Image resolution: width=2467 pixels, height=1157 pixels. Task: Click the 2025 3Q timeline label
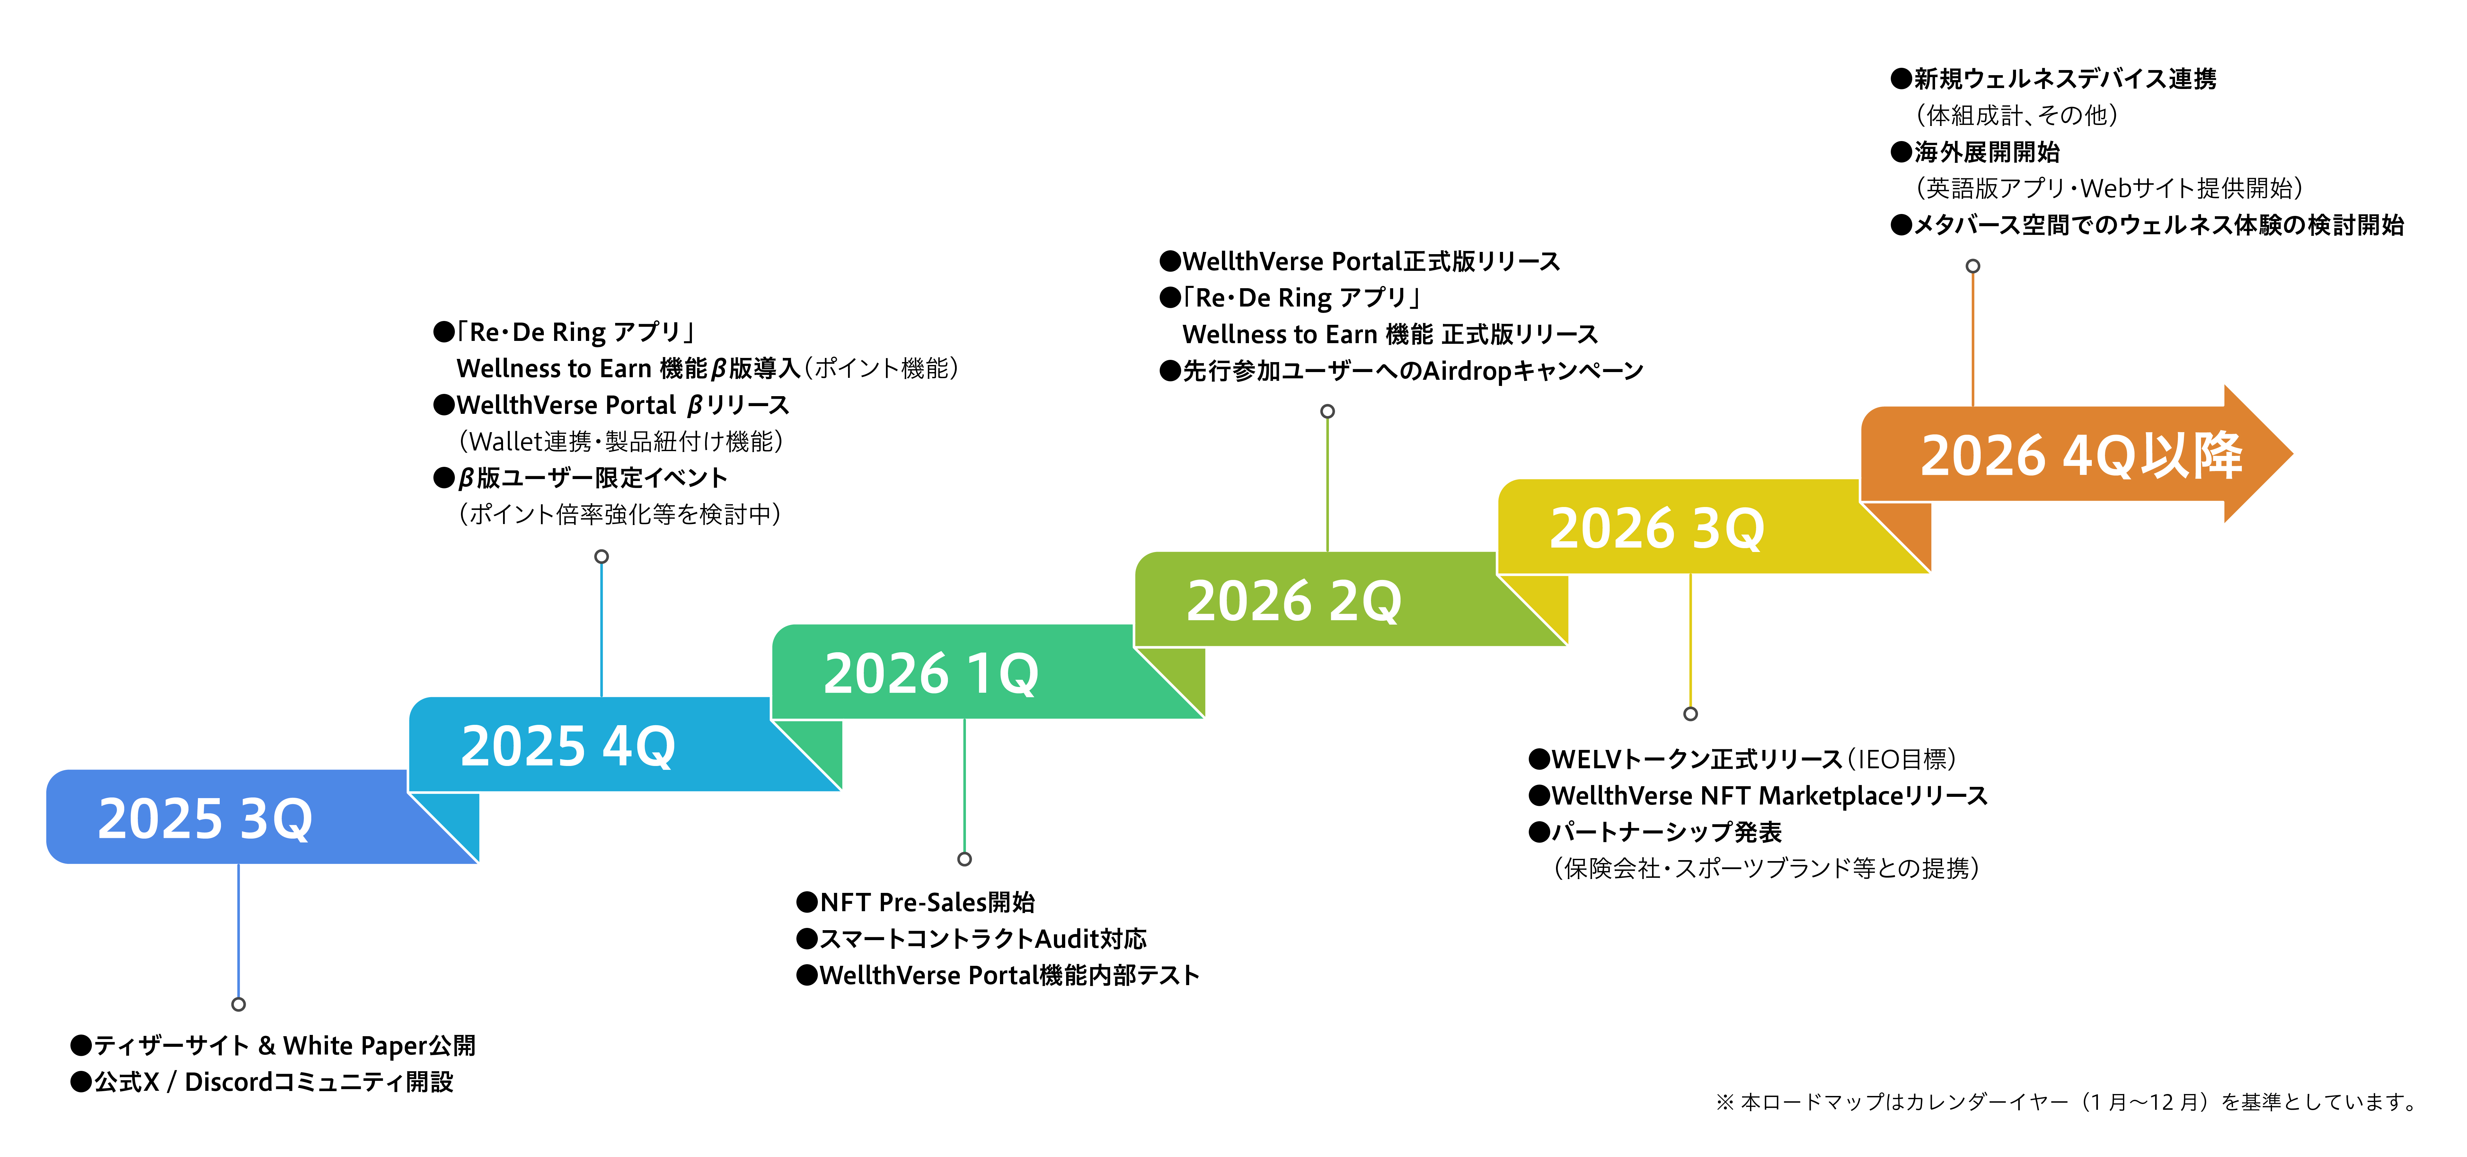point(205,819)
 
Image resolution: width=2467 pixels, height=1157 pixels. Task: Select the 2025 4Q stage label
point(568,746)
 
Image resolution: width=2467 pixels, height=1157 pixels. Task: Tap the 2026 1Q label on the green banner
point(931,673)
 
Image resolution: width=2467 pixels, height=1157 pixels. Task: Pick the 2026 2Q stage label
point(1294,601)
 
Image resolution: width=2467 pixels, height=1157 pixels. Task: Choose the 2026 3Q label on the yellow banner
point(1657,528)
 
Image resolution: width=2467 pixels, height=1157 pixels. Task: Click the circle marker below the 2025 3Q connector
point(238,1004)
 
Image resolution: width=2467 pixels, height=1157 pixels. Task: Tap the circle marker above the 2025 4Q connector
point(601,556)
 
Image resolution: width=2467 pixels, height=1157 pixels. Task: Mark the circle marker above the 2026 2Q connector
point(1327,411)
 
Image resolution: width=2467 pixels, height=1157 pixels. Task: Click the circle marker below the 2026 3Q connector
point(1690,714)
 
